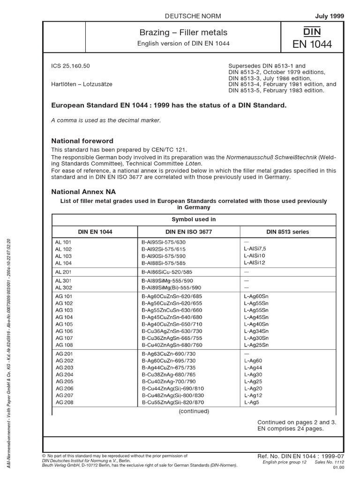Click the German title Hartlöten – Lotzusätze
tap(84, 84)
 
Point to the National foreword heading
tap(82, 141)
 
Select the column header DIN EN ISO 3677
tap(188, 232)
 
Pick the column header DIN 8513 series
tap(287, 232)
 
